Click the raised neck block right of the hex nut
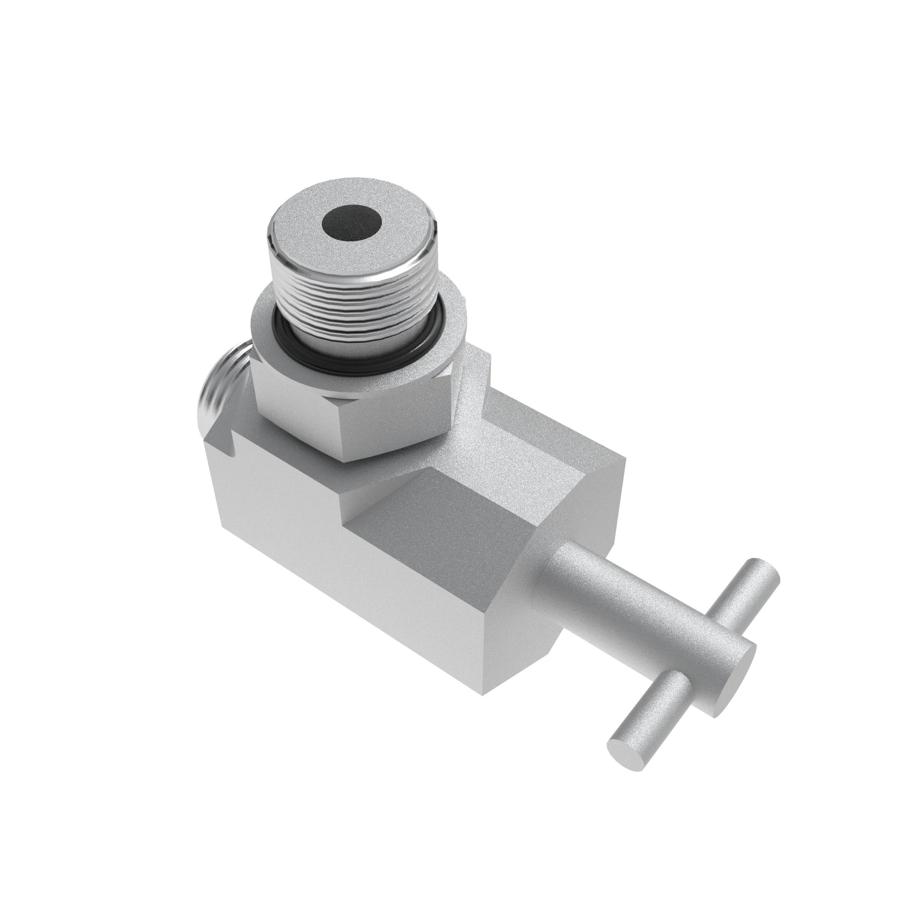[476, 380]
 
